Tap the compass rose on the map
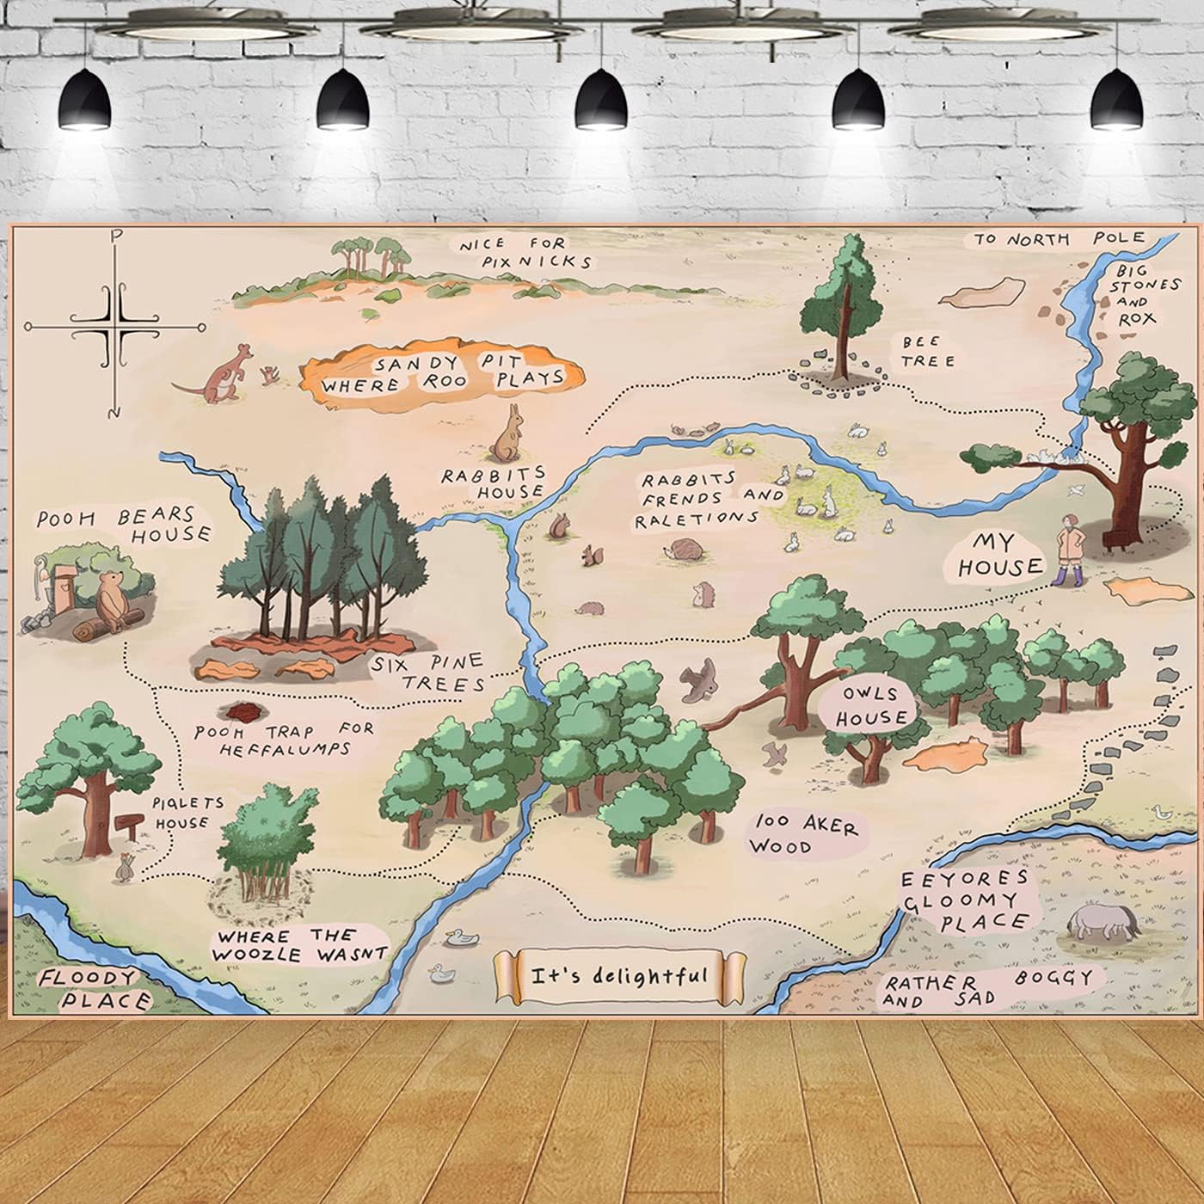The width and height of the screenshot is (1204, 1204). (115, 327)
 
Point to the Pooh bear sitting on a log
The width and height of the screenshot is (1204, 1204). (110, 599)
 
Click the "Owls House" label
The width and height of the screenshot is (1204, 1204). (871, 706)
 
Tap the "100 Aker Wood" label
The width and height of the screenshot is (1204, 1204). (802, 835)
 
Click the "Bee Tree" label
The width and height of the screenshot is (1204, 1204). (928, 352)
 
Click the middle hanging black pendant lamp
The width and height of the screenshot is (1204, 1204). (600, 101)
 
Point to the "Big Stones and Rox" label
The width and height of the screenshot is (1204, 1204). (1147, 294)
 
